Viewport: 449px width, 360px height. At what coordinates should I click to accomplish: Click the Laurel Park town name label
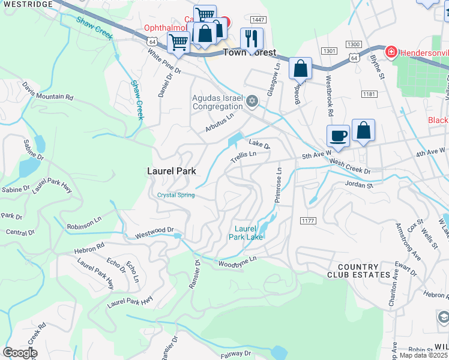pyautogui.click(x=172, y=171)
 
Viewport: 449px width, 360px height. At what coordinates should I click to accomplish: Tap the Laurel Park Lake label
pyautogui.click(x=246, y=233)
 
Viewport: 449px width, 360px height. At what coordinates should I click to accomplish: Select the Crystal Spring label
pyautogui.click(x=176, y=195)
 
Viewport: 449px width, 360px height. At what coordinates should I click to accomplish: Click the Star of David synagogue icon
pyautogui.click(x=253, y=101)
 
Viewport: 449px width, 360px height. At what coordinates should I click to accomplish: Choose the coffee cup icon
pyautogui.click(x=339, y=136)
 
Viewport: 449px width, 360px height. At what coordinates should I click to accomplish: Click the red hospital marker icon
pyautogui.click(x=391, y=52)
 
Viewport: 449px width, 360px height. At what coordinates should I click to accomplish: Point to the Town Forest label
pyautogui.click(x=249, y=53)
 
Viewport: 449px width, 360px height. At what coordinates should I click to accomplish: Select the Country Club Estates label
pyautogui.click(x=359, y=271)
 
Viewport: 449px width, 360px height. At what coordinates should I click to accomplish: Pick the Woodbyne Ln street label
pyautogui.click(x=237, y=261)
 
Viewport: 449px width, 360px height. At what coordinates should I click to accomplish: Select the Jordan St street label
pyautogui.click(x=359, y=185)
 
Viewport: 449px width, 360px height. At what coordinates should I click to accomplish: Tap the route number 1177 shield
pyautogui.click(x=308, y=221)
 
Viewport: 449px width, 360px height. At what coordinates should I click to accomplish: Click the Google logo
pyautogui.click(x=20, y=353)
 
